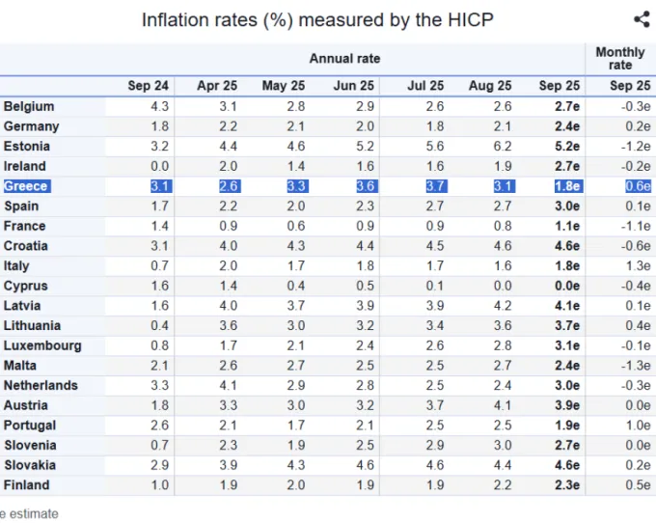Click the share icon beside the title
(x=642, y=19)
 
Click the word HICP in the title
(x=470, y=19)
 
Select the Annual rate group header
(x=344, y=59)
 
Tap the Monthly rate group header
(x=620, y=59)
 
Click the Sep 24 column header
(x=149, y=86)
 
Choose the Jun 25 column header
(x=353, y=86)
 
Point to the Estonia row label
(x=27, y=146)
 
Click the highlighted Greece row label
(x=27, y=186)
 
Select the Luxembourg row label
(x=42, y=345)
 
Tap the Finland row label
(x=27, y=485)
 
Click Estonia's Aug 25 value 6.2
(x=503, y=146)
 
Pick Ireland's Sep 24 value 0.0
(x=160, y=166)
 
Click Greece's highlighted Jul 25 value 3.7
(x=436, y=186)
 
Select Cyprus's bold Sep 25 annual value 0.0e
(x=567, y=286)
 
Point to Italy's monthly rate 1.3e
(x=639, y=265)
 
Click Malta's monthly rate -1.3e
(x=636, y=366)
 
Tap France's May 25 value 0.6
(x=296, y=226)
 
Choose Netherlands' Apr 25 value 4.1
(x=228, y=385)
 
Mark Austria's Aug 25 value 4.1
(x=503, y=405)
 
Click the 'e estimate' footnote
(x=29, y=513)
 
